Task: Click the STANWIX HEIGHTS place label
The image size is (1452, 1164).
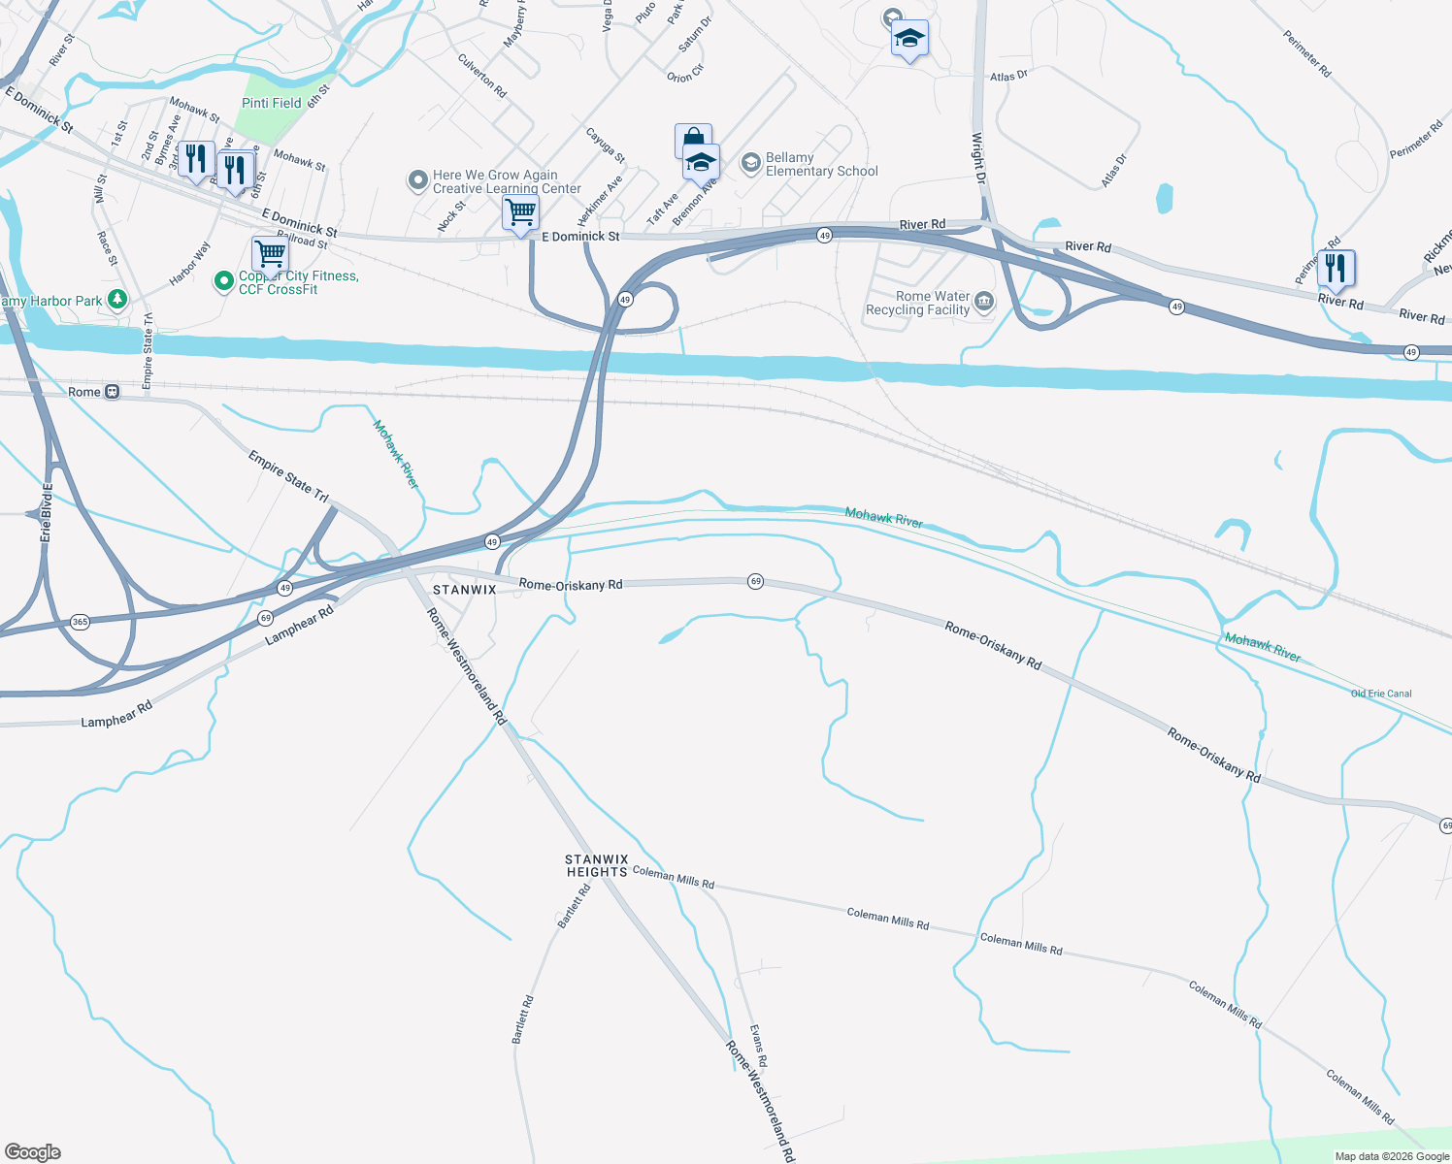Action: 597,865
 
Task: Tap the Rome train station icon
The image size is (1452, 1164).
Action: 113,392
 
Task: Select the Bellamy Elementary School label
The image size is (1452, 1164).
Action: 821,164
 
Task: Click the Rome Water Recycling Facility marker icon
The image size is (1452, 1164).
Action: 984,303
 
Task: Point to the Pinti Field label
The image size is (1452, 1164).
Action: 272,103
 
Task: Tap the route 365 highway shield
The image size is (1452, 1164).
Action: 80,622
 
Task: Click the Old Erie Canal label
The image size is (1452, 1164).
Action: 1381,694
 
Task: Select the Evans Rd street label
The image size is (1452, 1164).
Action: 758,1047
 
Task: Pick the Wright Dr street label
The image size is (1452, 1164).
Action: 978,158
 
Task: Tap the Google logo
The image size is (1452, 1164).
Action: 33,1152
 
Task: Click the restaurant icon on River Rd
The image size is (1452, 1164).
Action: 1336,269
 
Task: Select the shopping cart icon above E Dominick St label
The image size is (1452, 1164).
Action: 521,211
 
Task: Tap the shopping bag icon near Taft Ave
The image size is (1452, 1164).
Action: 692,139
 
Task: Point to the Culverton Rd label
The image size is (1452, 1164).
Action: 482,76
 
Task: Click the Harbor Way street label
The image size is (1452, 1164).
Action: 189,264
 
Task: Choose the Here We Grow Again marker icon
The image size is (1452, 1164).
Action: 417,180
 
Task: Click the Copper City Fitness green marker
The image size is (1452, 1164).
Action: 224,281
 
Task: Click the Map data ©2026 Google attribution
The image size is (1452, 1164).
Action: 1392,1156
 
